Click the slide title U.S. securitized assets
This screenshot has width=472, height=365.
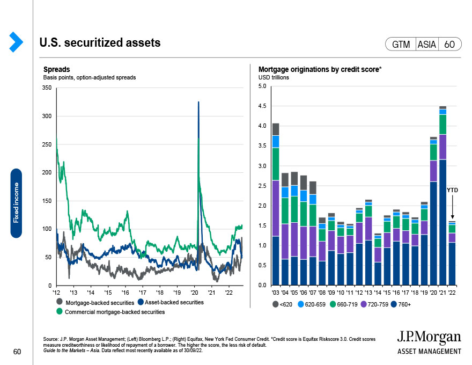point(100,42)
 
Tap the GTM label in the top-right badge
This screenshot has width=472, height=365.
point(401,45)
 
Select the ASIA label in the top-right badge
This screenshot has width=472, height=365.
point(426,45)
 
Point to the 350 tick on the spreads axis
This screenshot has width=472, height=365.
point(48,87)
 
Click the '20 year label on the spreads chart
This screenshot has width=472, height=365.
point(194,292)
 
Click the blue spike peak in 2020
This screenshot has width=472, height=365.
point(199,102)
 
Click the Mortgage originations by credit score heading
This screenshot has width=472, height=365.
point(320,69)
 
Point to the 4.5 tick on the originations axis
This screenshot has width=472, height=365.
point(262,106)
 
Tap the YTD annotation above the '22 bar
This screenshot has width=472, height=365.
point(452,190)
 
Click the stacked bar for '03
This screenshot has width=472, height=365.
point(276,204)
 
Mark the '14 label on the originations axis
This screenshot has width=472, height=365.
point(378,292)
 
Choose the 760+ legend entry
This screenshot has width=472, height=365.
point(403,304)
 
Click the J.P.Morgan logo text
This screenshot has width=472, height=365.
point(429,337)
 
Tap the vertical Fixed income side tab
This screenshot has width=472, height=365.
point(16,203)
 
